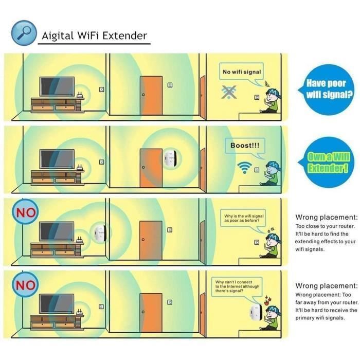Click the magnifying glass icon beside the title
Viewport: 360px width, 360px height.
[23, 31]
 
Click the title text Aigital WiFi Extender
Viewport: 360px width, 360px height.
[94, 35]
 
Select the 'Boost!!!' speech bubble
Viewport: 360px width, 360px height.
[244, 146]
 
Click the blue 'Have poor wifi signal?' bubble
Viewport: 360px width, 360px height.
[326, 89]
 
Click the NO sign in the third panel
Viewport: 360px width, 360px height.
[25, 212]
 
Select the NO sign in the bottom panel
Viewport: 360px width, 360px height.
[25, 284]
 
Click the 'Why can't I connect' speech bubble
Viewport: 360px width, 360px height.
[237, 286]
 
